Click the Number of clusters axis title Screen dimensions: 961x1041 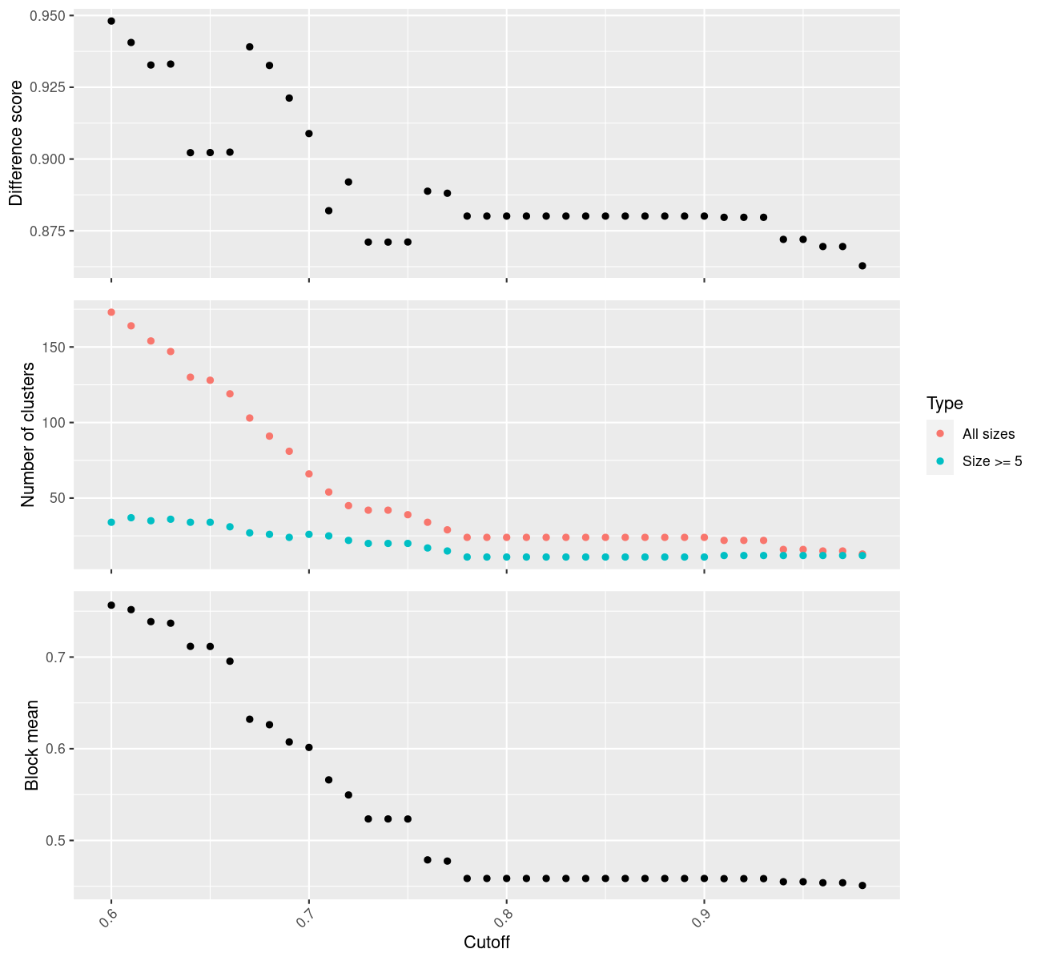tap(29, 435)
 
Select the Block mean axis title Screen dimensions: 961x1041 tap(32, 746)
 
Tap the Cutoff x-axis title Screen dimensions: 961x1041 tap(487, 942)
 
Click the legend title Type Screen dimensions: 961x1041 tap(944, 404)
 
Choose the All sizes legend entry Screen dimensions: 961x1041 tap(988, 434)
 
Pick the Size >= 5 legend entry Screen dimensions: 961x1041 tap(992, 461)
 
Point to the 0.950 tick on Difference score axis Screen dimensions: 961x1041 tap(48, 16)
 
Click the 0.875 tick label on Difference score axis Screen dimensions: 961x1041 tap(48, 231)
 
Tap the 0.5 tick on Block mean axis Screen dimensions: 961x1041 tap(58, 840)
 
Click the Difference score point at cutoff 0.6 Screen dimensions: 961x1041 tap(111, 21)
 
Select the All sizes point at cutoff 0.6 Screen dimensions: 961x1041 tap(111, 312)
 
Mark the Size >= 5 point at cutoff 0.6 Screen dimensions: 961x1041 tap(111, 522)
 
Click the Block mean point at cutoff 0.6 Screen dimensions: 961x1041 tap(111, 605)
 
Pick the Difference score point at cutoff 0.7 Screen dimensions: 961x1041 tap(309, 134)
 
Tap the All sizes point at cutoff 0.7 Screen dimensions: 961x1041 tap(309, 474)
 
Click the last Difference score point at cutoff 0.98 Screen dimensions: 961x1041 tap(862, 266)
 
